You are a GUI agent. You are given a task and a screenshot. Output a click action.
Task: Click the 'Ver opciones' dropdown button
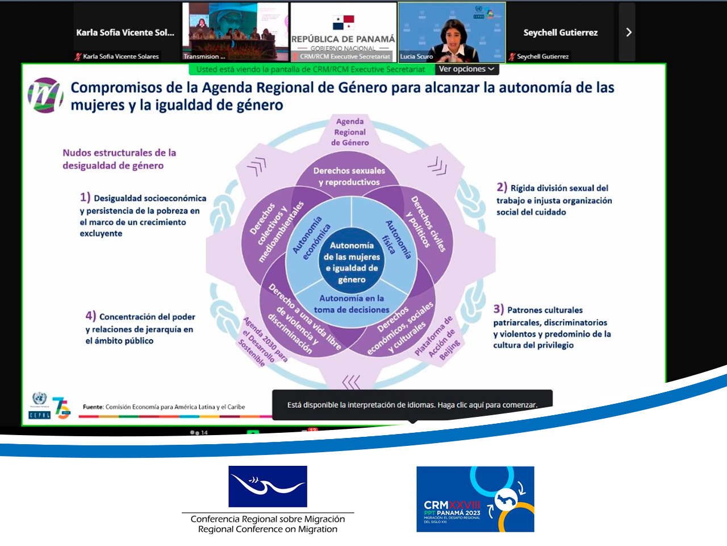(x=466, y=69)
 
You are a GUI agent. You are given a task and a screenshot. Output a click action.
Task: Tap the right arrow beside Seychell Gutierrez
(x=628, y=32)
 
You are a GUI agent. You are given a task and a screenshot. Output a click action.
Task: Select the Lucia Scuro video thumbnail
(x=452, y=32)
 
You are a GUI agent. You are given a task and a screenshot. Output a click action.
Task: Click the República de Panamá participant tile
(x=343, y=32)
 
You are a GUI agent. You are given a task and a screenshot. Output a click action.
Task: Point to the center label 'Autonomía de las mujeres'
(x=352, y=262)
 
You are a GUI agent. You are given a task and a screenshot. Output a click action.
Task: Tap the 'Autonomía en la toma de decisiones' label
(x=352, y=304)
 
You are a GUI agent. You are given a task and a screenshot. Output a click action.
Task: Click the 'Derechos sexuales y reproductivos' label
(x=349, y=176)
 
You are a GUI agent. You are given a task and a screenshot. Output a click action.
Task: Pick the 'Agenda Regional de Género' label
(x=350, y=132)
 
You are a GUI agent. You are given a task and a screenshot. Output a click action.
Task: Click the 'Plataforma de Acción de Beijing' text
(x=437, y=338)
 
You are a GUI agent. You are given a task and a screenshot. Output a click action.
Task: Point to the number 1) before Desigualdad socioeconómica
(x=85, y=197)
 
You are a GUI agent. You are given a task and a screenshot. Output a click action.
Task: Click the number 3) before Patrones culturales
(x=498, y=309)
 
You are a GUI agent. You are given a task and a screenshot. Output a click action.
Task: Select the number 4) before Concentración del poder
(x=90, y=316)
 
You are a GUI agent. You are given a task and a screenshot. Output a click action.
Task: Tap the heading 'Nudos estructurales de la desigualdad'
(x=119, y=159)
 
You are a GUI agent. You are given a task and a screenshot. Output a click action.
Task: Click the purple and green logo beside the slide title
(x=45, y=95)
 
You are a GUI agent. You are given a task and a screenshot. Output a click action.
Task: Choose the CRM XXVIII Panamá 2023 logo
(x=475, y=499)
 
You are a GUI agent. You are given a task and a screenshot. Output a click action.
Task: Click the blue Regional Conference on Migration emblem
(x=268, y=486)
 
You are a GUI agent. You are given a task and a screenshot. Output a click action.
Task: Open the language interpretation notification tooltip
(x=412, y=405)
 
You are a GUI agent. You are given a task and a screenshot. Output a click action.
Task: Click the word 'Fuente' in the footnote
(x=93, y=407)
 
